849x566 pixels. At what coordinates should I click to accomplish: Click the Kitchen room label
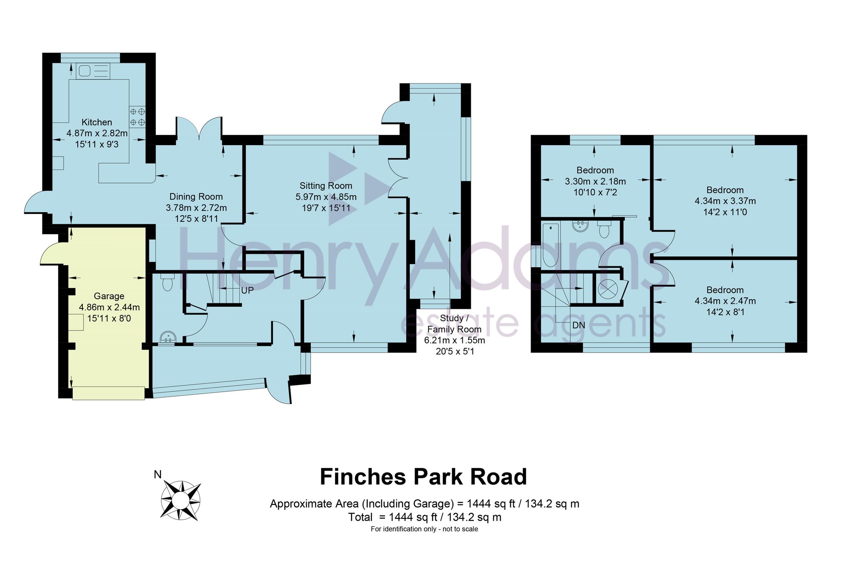(x=97, y=122)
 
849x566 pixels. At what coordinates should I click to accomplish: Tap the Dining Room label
(x=196, y=196)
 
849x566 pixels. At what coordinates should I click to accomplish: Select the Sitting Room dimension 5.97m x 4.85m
(x=326, y=197)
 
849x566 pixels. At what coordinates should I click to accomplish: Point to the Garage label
(x=109, y=296)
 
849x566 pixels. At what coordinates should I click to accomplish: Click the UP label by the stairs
(x=247, y=291)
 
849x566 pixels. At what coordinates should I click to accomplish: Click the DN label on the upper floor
(x=579, y=325)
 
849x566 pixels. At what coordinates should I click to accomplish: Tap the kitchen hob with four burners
(x=138, y=117)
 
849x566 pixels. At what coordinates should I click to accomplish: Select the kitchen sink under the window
(x=93, y=71)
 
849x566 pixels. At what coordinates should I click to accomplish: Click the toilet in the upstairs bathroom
(x=604, y=229)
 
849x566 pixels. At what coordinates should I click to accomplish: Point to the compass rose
(x=180, y=501)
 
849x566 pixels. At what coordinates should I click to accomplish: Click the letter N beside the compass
(x=157, y=474)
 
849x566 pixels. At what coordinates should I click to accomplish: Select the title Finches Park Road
(x=423, y=476)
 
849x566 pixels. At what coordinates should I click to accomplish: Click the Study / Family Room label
(x=454, y=324)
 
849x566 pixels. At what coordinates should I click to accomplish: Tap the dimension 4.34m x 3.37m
(x=725, y=201)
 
